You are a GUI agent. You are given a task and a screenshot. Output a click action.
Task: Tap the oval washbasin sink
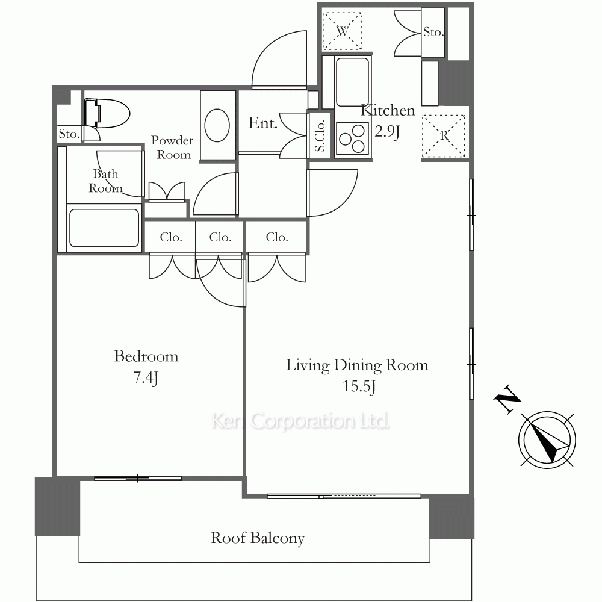(x=217, y=126)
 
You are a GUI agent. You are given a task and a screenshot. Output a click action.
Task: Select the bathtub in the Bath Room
(x=104, y=228)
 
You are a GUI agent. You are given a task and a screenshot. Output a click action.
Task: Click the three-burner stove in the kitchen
(x=352, y=139)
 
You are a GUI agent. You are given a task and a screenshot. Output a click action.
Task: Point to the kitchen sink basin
(x=352, y=81)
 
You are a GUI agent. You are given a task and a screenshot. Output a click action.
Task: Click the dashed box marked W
(x=343, y=31)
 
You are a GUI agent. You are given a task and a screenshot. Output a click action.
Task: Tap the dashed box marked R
(x=444, y=136)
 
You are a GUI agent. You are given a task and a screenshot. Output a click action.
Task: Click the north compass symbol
(x=547, y=440)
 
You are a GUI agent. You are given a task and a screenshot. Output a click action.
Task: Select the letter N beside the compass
(x=507, y=399)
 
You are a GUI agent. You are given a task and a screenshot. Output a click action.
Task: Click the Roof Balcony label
(x=258, y=538)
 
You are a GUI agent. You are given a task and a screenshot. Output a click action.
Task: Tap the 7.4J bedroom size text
(x=146, y=378)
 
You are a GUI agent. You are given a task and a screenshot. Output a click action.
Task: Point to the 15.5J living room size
(x=359, y=386)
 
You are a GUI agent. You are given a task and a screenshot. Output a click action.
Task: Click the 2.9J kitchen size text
(x=387, y=132)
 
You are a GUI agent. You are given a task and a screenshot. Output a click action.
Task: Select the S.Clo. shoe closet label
(x=320, y=135)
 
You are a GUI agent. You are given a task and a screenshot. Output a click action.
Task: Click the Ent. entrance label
(x=263, y=123)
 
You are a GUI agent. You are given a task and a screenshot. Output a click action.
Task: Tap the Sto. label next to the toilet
(x=69, y=134)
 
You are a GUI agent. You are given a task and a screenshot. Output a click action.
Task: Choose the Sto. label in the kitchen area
(x=433, y=32)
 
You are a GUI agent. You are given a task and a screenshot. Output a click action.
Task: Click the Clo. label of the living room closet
(x=277, y=237)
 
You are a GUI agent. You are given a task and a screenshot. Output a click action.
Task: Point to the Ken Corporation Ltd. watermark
(x=300, y=421)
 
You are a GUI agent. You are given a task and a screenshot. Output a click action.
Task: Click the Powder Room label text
(x=172, y=147)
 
